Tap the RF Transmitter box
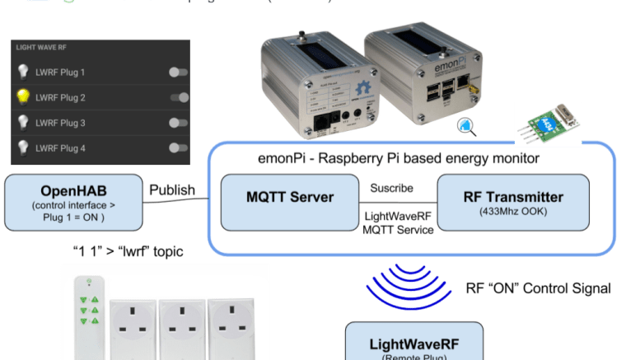pyautogui.click(x=512, y=203)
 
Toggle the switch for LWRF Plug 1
pyautogui.click(x=178, y=72)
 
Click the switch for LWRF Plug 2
pyautogui.click(x=178, y=98)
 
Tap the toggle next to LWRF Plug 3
pyautogui.click(x=178, y=123)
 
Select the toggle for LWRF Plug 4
pyautogui.click(x=178, y=148)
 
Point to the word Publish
pyautogui.click(x=172, y=191)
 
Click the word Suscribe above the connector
pyautogui.click(x=390, y=187)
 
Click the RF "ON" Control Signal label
pyautogui.click(x=538, y=288)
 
